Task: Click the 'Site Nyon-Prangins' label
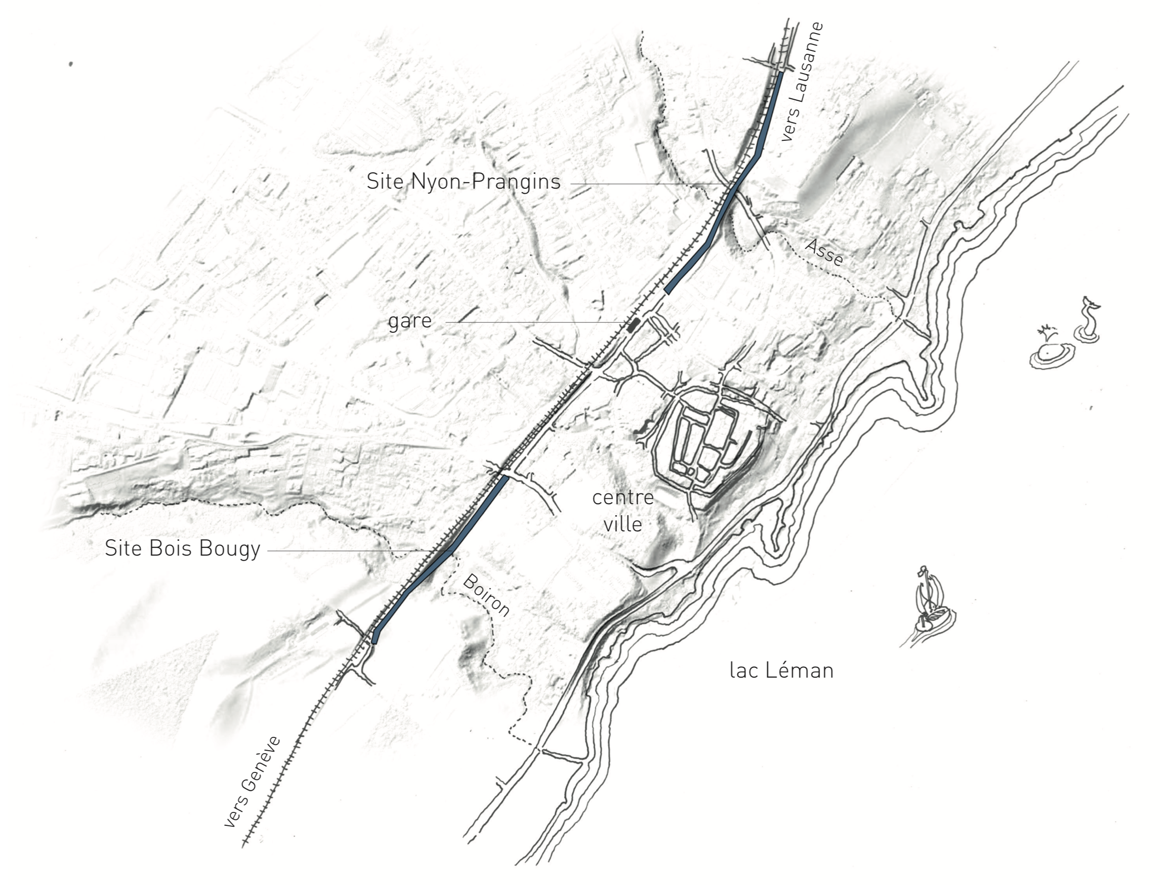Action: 463,182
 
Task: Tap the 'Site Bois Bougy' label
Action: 183,549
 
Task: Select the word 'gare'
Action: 410,321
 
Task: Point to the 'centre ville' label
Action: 623,511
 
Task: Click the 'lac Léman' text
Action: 781,671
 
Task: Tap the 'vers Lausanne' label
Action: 802,81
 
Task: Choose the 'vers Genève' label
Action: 252,781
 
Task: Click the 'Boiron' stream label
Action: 486,596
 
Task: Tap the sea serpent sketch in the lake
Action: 1087,320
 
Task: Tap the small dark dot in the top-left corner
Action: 71,64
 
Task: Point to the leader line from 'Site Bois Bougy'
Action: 360,551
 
